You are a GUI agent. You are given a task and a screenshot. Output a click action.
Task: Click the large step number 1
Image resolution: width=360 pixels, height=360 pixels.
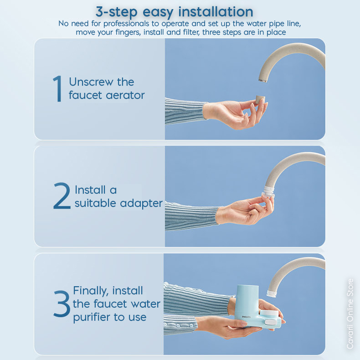(x=57, y=88)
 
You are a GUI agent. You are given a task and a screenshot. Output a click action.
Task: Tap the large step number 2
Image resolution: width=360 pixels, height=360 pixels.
(x=62, y=195)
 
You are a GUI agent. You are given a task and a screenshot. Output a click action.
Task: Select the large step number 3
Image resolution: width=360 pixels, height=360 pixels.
(x=62, y=303)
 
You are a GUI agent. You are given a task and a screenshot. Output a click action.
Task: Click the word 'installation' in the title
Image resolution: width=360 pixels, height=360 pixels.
(x=216, y=11)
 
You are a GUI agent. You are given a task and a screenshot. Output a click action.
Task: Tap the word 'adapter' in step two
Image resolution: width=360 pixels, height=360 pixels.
(x=141, y=204)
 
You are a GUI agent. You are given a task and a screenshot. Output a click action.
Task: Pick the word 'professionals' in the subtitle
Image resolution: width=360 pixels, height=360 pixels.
(x=126, y=24)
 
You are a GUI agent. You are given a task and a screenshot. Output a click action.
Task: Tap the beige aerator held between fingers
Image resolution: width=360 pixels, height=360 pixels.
(x=260, y=100)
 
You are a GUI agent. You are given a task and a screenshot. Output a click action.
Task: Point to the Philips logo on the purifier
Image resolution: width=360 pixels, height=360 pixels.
(x=246, y=317)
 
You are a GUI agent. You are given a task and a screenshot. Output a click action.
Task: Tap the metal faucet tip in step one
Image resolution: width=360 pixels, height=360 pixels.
(x=263, y=81)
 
